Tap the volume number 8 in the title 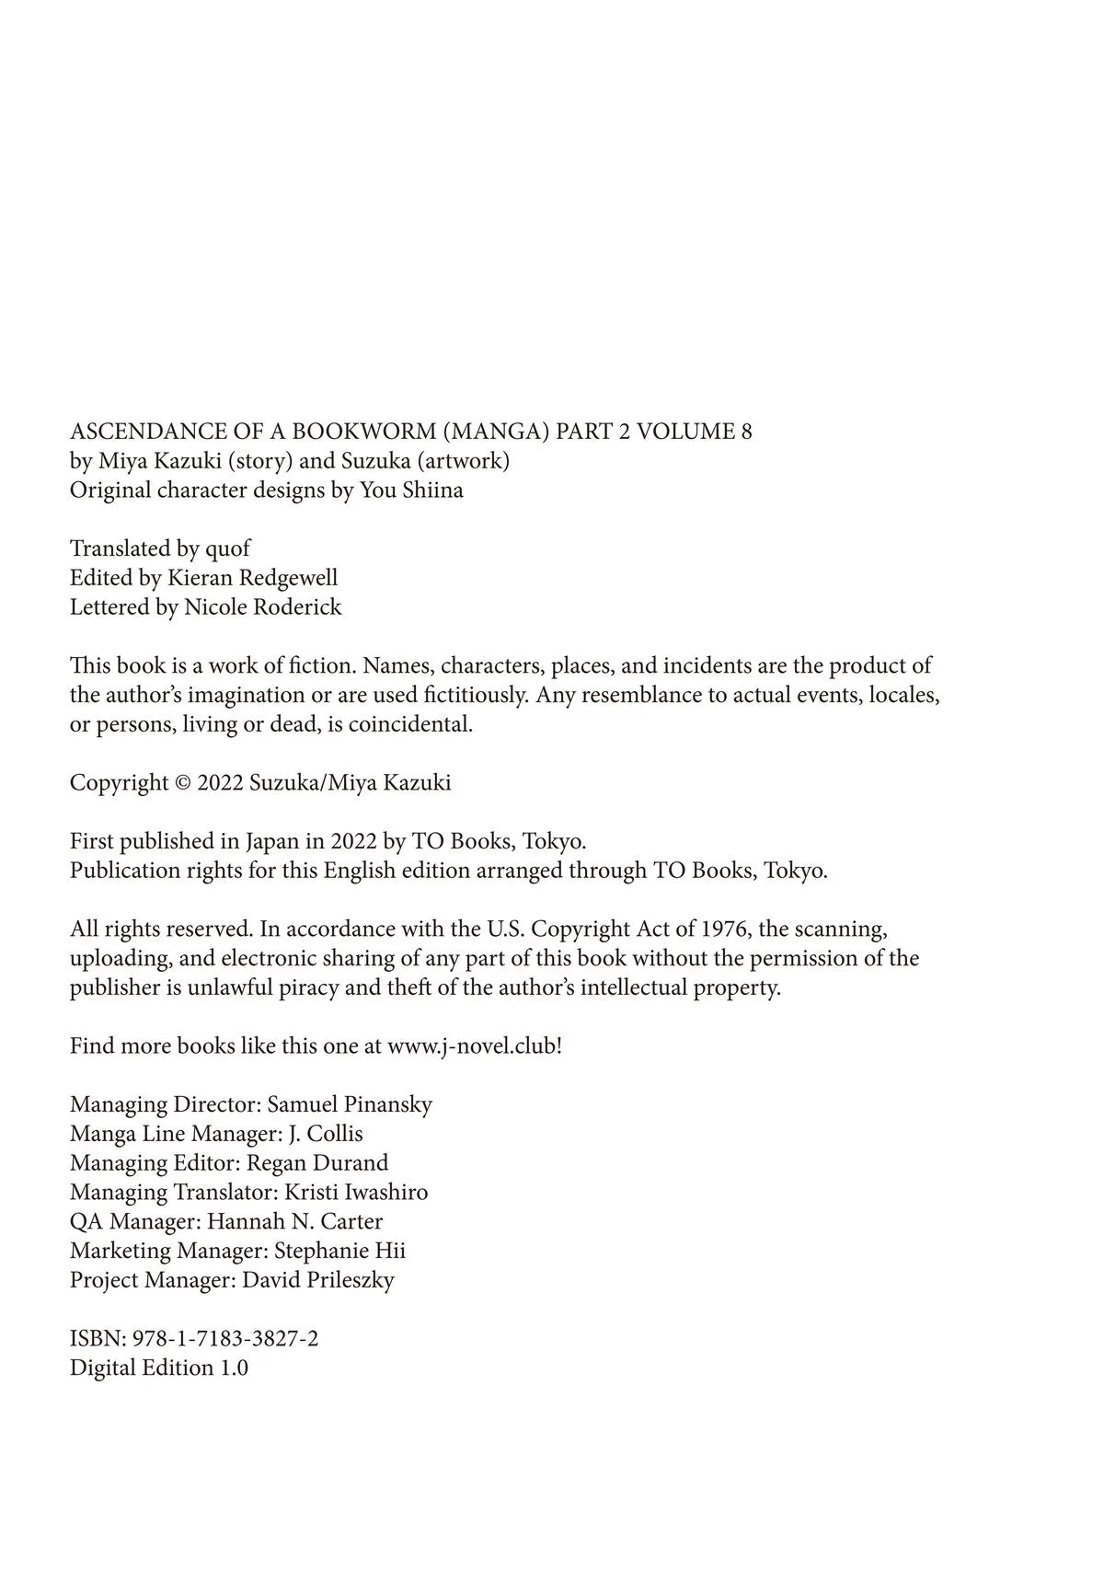pyautogui.click(x=745, y=432)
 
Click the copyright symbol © pyautogui.click(x=183, y=783)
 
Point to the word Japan pyautogui.click(x=268, y=841)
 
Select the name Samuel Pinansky pyautogui.click(x=350, y=1104)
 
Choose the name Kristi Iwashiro pyautogui.click(x=356, y=1193)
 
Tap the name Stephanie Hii pyautogui.click(x=339, y=1252)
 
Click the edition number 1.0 pyautogui.click(x=233, y=1368)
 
